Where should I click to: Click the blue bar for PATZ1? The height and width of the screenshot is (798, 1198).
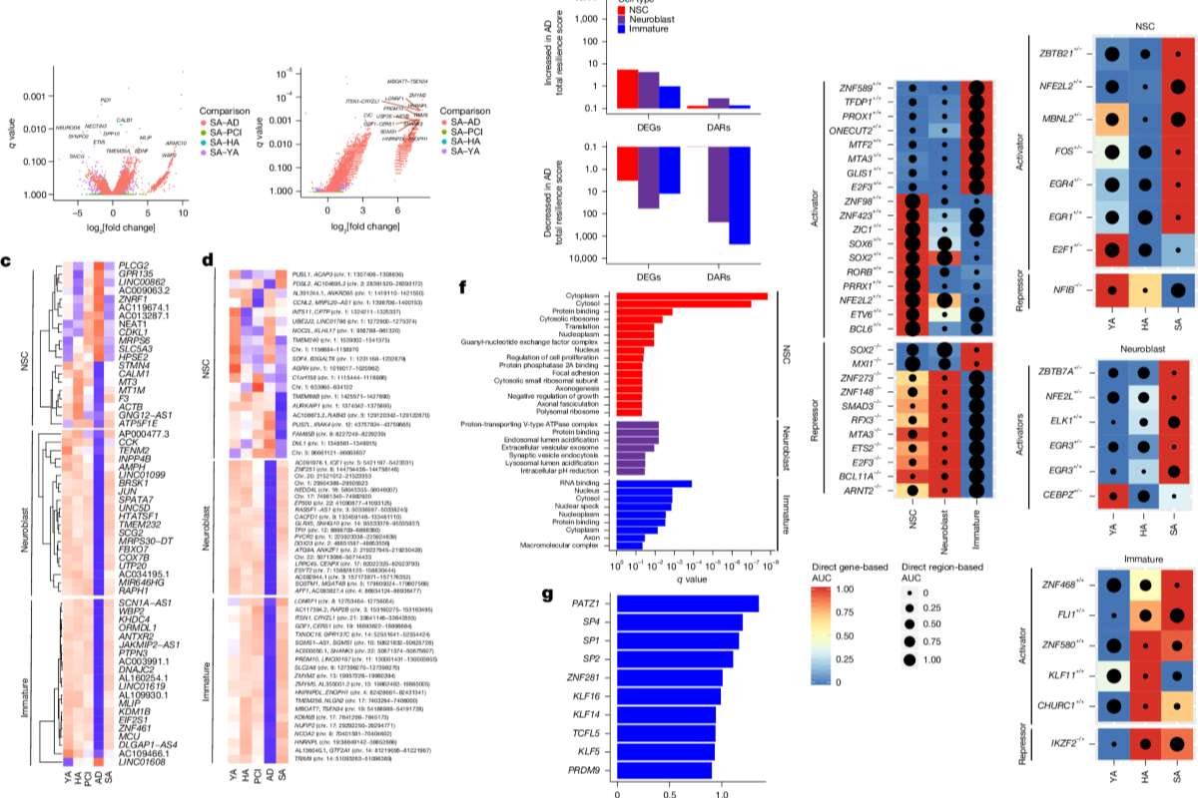coord(688,603)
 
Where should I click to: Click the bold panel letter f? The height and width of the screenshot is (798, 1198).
coord(462,287)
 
